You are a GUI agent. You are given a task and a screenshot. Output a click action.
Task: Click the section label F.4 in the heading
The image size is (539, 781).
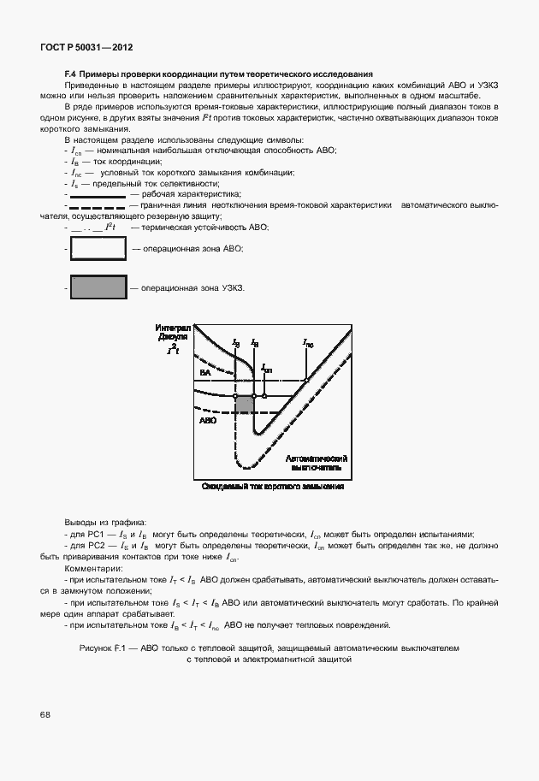pos(72,74)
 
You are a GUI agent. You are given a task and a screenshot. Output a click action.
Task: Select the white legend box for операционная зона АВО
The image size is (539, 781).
pos(98,248)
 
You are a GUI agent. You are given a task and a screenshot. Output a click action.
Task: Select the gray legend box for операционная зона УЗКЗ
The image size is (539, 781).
pos(98,288)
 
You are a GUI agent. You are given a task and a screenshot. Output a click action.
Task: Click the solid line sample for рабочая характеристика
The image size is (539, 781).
pos(97,195)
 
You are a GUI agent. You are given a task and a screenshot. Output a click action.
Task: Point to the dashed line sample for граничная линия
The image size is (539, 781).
pos(97,206)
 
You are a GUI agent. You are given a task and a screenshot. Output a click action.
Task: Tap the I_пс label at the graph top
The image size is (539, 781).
pos(309,343)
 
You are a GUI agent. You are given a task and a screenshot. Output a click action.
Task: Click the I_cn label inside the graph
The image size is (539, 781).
pos(266,370)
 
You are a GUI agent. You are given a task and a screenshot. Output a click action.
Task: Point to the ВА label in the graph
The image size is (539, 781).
pos(205,374)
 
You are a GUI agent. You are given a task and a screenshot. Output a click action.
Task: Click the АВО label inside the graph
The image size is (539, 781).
pos(208,422)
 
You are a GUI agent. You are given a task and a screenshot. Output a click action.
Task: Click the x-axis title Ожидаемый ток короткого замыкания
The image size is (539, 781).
pos(272,486)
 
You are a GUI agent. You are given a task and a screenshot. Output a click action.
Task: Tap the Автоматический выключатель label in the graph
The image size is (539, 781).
pos(315,463)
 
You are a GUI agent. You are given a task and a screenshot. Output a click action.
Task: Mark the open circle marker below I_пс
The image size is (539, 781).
pos(307,381)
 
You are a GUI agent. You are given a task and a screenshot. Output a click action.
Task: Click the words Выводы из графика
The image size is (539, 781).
pos(105,522)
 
